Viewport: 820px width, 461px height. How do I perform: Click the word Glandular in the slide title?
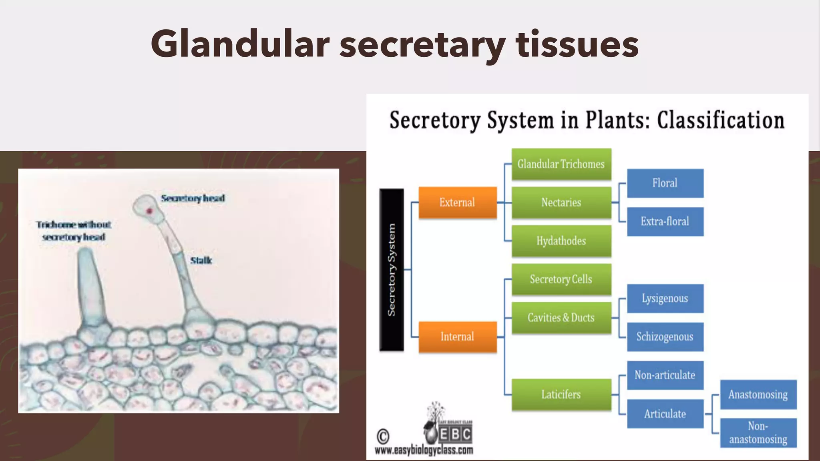click(x=240, y=44)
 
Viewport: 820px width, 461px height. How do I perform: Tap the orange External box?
click(x=457, y=202)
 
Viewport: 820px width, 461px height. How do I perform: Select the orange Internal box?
click(x=457, y=337)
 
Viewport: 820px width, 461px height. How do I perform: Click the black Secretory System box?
click(x=391, y=270)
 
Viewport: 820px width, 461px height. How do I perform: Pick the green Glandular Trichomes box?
click(x=561, y=164)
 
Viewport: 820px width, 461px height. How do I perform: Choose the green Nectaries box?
click(x=561, y=202)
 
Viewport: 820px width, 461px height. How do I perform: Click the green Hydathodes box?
click(x=561, y=241)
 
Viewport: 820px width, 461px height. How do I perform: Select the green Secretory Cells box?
click(x=561, y=279)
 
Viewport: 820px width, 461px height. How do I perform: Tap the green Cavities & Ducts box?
click(x=561, y=318)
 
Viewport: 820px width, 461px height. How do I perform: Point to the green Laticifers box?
click(x=561, y=395)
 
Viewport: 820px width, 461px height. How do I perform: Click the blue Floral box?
click(x=665, y=183)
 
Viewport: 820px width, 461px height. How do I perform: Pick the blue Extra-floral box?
click(x=665, y=221)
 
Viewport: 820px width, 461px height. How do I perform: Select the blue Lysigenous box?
click(x=665, y=299)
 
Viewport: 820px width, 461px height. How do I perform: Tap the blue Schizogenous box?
click(x=665, y=337)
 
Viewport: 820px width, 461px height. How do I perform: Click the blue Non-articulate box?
click(x=665, y=375)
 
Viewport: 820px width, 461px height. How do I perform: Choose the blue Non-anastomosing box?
click(x=758, y=433)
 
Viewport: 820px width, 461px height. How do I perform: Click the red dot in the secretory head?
click(x=150, y=210)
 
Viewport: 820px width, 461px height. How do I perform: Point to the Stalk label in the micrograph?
click(x=201, y=261)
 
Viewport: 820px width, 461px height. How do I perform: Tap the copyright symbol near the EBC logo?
click(x=383, y=436)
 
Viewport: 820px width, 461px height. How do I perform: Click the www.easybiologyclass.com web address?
click(x=424, y=451)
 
